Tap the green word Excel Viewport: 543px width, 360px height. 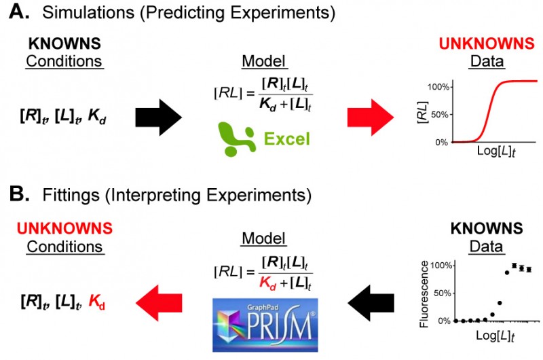tap(287, 139)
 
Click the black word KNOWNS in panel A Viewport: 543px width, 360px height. tap(64, 44)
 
